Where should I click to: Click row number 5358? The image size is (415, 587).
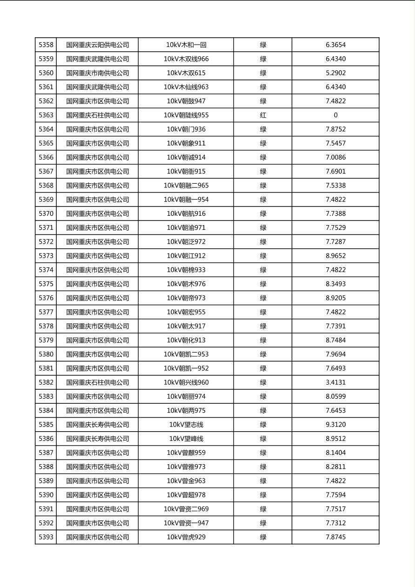tap(46, 45)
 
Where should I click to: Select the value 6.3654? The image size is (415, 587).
tap(335, 45)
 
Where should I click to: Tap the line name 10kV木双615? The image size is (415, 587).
tap(186, 73)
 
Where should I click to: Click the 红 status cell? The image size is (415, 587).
tap(263, 115)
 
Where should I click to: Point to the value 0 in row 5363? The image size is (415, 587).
tap(335, 115)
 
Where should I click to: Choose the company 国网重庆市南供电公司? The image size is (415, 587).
tap(98, 73)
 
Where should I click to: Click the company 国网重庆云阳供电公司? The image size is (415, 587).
tap(98, 45)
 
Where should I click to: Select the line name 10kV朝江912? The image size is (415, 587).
tap(186, 256)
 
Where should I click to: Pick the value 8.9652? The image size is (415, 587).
tap(335, 256)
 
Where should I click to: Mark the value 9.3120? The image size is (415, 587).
tap(335, 425)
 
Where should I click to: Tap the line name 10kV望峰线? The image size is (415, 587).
tap(186, 439)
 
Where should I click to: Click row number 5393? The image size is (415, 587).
tap(46, 537)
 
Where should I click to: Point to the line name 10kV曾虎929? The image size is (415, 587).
tap(186, 537)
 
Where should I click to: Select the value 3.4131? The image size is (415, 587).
tap(335, 382)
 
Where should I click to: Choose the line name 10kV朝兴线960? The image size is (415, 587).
tap(186, 382)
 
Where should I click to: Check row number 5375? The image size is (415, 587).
tap(46, 284)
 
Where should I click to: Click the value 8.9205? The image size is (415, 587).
tap(335, 298)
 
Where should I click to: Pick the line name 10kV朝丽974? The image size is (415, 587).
tap(186, 397)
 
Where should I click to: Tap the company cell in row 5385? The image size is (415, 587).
tap(98, 425)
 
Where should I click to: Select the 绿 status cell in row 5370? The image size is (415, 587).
tap(263, 214)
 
